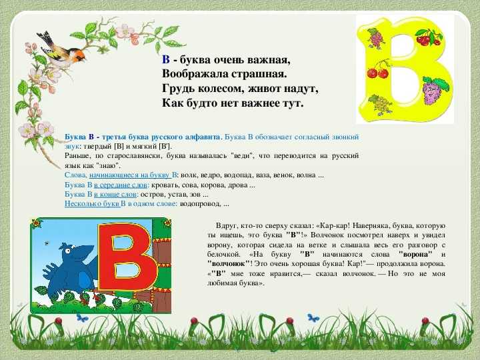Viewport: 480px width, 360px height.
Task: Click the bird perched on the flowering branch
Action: pyautogui.click(x=61, y=49)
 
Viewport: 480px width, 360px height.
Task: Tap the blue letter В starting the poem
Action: pyautogui.click(x=165, y=59)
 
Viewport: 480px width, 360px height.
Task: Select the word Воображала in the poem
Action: pyautogui.click(x=195, y=75)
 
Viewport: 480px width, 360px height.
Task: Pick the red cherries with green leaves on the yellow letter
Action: pyautogui.click(x=429, y=37)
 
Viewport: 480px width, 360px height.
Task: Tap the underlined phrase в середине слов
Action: pyautogui.click(x=121, y=185)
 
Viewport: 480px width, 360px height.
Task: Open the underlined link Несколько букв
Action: pyautogui.click(x=92, y=204)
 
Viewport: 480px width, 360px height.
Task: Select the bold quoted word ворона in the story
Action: pyautogui.click(x=415, y=254)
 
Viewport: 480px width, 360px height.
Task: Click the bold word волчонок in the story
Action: pyautogui.click(x=228, y=263)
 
